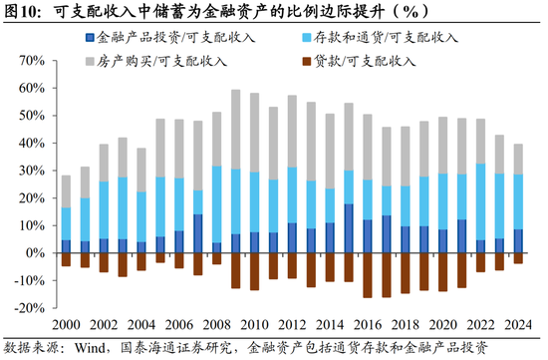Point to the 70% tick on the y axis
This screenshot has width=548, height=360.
coord(27,61)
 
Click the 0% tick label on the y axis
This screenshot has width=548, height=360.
coord(31,252)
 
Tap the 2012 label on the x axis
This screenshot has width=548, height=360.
coord(293,326)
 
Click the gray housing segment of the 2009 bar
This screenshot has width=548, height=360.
coord(236,130)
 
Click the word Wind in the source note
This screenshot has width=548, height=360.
coord(91,348)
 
